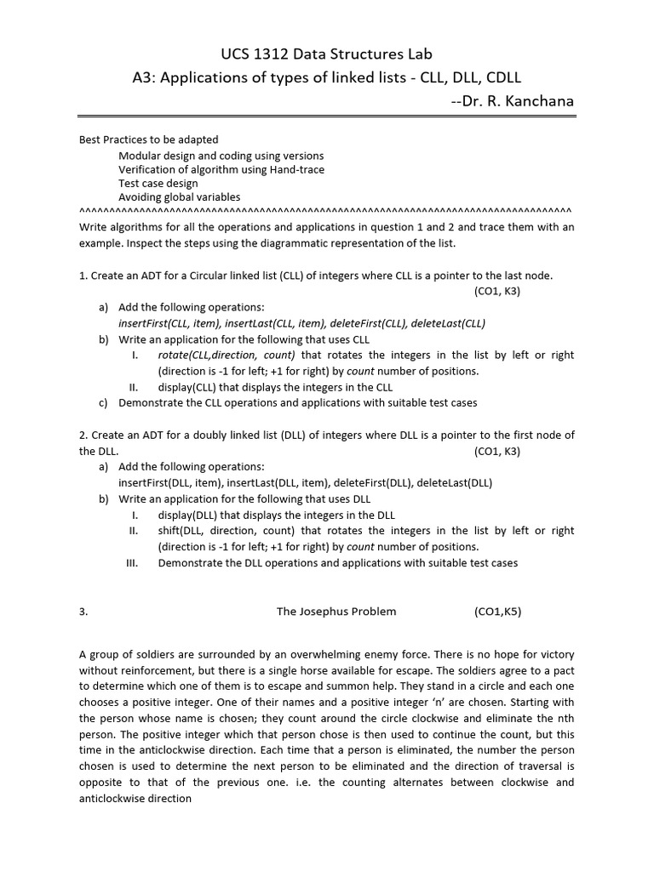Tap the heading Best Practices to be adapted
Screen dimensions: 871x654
[149, 139]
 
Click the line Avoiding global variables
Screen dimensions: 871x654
[180, 196]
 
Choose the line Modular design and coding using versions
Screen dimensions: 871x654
[221, 156]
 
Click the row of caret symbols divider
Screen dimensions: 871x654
[326, 209]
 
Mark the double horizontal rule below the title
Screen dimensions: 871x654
[326, 117]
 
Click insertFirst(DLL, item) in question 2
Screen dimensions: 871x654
[169, 482]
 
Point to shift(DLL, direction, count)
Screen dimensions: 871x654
[227, 531]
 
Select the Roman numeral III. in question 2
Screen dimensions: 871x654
[132, 562]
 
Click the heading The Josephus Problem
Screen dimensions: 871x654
[336, 611]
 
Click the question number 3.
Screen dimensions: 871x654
[83, 611]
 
